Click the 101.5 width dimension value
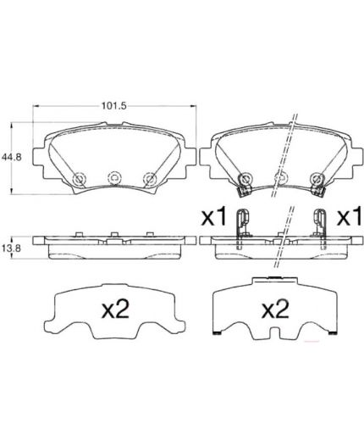114,106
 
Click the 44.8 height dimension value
12,157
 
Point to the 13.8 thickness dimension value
12,248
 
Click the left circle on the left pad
79,178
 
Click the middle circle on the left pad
114,178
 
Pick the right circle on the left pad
149,178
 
